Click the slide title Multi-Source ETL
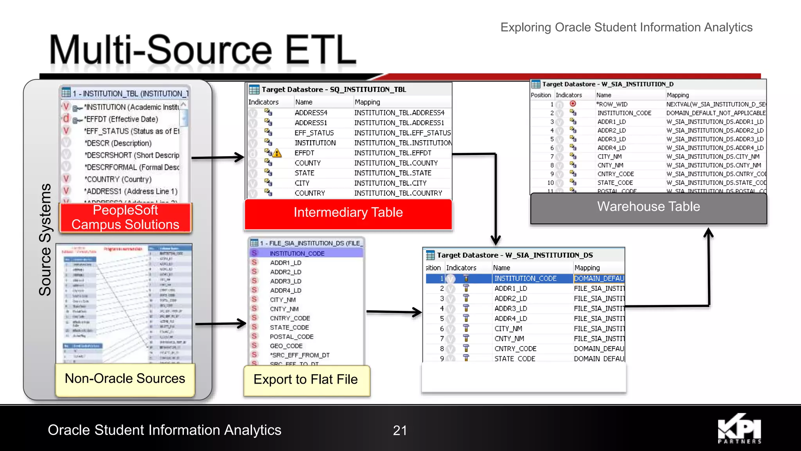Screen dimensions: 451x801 pyautogui.click(x=202, y=50)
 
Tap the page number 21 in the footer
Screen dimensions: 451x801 pyautogui.click(x=400, y=430)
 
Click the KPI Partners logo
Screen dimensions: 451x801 pyautogui.click(x=739, y=429)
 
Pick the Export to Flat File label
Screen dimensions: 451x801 pyautogui.click(x=306, y=380)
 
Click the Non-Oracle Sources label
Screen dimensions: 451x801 pyautogui.click(x=125, y=379)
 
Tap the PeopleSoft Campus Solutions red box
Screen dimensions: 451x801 pyautogui.click(x=125, y=218)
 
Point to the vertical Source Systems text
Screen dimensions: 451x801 pyautogui.click(x=45, y=240)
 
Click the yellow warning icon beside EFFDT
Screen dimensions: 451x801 pyautogui.click(x=277, y=153)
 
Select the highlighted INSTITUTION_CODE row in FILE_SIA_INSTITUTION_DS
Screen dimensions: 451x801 pyautogui.click(x=297, y=253)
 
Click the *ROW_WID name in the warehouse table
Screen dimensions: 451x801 pyautogui.click(x=612, y=104)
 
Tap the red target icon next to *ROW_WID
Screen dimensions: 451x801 pyautogui.click(x=573, y=104)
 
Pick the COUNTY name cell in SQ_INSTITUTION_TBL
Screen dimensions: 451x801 pyautogui.click(x=307, y=163)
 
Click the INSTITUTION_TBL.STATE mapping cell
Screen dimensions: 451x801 pyautogui.click(x=393, y=173)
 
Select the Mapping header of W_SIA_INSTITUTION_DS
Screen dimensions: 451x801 pyautogui.click(x=587, y=268)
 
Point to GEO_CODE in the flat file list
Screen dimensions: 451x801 pyautogui.click(x=286, y=346)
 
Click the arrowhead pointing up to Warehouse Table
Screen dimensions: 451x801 pyautogui.click(x=708, y=233)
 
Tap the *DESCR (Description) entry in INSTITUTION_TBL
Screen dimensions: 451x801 pyautogui.click(x=119, y=143)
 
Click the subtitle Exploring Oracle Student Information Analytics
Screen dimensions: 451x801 pyautogui.click(x=626, y=27)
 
